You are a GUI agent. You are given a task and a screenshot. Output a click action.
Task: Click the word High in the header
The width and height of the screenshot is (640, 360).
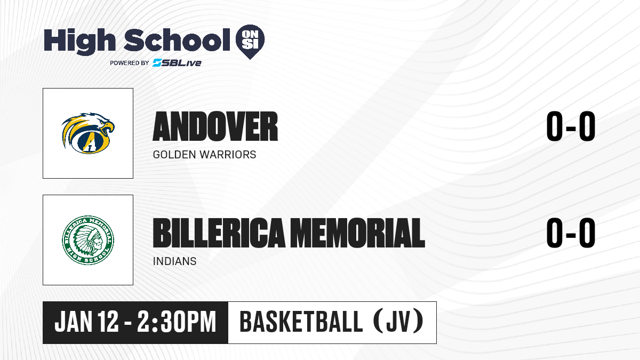79,42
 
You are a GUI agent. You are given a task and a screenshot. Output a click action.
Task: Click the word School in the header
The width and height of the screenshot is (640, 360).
177,40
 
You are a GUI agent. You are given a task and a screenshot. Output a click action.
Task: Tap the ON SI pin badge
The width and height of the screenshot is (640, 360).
250,42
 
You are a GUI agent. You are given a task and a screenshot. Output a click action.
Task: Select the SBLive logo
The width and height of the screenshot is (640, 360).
177,63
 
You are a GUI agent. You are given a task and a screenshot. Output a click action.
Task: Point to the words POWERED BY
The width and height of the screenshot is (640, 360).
130,63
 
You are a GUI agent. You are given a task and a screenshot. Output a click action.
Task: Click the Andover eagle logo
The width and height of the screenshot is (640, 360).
88,133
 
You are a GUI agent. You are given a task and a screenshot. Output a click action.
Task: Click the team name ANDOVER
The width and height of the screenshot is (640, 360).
215,126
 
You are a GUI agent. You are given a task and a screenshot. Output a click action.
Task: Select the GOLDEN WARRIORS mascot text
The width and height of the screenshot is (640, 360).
205,155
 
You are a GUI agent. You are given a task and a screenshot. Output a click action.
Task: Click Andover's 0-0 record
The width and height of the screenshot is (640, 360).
571,126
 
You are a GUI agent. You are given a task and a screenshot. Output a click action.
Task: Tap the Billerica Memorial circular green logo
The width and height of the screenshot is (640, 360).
88,240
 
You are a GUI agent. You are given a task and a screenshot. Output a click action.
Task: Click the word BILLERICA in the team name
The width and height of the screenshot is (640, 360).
219,233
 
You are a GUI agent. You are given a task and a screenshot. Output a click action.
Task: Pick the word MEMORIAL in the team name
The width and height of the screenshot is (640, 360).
359,233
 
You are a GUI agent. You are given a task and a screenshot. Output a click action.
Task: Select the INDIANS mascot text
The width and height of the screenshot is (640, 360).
174,261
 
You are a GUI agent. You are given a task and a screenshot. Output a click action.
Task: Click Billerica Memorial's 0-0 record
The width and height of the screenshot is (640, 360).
571,233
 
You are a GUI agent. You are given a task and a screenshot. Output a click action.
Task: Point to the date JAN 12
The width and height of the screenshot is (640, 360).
86,322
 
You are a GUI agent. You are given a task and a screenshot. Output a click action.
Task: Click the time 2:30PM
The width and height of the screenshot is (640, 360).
177,322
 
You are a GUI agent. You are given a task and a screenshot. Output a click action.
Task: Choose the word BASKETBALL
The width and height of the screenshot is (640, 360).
301,322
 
